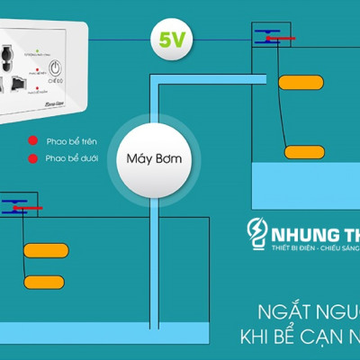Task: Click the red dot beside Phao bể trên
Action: (x=31, y=141)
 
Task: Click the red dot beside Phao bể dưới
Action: (x=31, y=159)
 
